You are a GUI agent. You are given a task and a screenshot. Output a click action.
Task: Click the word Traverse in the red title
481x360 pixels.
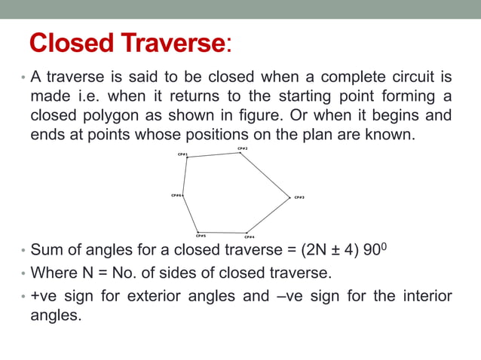point(173,44)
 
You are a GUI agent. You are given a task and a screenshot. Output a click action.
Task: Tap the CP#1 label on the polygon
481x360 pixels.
point(182,154)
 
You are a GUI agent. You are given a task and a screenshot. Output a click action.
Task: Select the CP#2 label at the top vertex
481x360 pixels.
point(243,148)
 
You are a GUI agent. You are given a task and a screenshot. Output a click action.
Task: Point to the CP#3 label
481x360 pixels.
point(299,197)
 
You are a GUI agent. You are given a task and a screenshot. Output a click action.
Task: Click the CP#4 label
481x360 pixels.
point(250,236)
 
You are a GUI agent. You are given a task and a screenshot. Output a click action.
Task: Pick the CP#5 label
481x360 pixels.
point(201,235)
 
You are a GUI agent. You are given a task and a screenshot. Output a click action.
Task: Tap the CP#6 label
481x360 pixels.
point(176,195)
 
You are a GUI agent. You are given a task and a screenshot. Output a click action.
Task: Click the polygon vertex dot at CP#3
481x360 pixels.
point(290,197)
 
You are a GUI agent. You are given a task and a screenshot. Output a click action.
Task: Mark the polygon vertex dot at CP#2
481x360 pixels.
point(240,153)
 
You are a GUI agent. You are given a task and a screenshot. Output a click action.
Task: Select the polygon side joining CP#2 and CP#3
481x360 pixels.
point(265,175)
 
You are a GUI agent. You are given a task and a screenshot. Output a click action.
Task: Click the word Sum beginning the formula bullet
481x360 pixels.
point(45,252)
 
